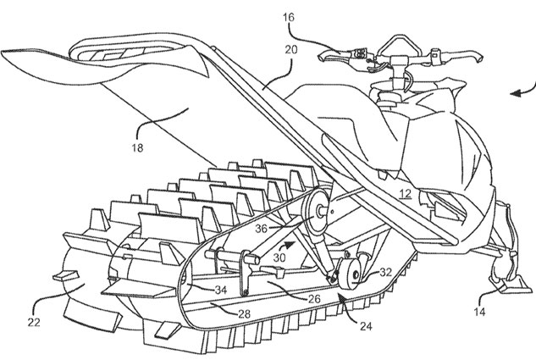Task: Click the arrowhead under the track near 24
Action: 338,297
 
